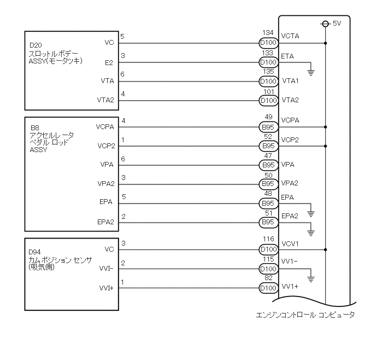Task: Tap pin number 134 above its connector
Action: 268,33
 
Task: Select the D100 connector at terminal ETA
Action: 268,62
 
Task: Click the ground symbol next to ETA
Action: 311,72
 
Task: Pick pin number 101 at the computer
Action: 268,92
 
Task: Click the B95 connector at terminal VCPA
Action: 268,127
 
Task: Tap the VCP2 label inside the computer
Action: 290,140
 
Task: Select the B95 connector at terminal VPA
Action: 268,164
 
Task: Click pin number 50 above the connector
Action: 268,175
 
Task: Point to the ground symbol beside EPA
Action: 311,211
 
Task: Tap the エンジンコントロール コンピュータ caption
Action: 305,315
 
